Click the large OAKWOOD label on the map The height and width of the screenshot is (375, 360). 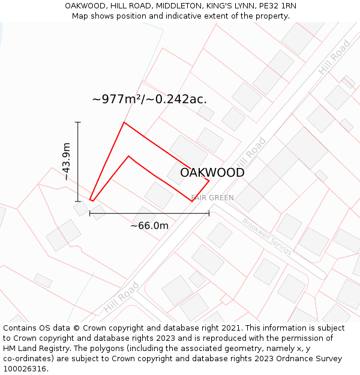[212, 173]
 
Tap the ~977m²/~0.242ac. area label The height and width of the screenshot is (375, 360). [149, 99]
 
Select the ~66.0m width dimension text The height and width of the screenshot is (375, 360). [149, 226]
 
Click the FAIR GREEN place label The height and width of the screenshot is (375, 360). [212, 197]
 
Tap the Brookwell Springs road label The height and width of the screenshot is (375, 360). [267, 236]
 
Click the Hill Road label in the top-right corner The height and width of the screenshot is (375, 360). [334, 58]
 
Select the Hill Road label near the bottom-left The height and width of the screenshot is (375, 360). [121, 297]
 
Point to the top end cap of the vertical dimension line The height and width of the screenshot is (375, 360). [77, 122]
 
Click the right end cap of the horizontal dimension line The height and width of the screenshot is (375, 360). [209, 213]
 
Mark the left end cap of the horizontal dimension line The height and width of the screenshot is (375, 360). [89, 213]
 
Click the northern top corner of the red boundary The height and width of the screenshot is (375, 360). [124, 122]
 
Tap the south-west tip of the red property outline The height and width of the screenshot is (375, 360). [91, 200]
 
